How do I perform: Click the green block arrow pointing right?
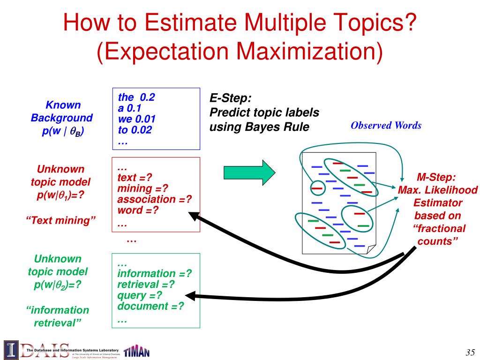[248, 172]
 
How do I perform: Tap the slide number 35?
[470, 352]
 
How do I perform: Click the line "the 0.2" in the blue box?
[136, 97]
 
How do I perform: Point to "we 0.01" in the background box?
[136, 119]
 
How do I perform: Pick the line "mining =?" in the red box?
[142, 188]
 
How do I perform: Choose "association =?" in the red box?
[155, 199]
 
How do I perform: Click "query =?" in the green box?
[140, 295]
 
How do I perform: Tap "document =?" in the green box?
[150, 306]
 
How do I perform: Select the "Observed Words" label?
[386, 125]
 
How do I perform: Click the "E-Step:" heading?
[230, 98]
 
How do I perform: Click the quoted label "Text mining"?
[61, 220]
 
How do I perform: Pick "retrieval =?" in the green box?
[146, 284]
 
